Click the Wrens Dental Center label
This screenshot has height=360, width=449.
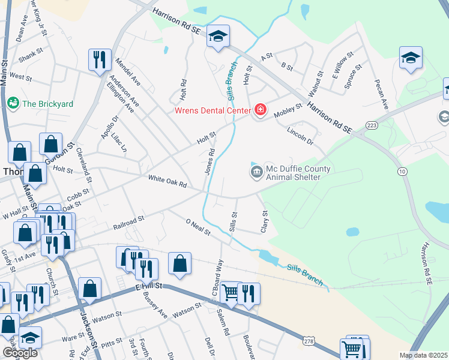[212, 110]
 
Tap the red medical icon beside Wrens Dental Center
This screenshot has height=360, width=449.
[261, 109]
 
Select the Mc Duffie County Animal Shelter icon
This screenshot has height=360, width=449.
[256, 173]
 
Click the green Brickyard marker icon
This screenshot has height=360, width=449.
[13, 104]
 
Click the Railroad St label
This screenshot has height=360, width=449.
[128, 223]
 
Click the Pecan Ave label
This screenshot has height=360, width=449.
[381, 95]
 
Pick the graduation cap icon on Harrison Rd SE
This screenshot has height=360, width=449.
[218, 36]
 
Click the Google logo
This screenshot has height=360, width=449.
[20, 352]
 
